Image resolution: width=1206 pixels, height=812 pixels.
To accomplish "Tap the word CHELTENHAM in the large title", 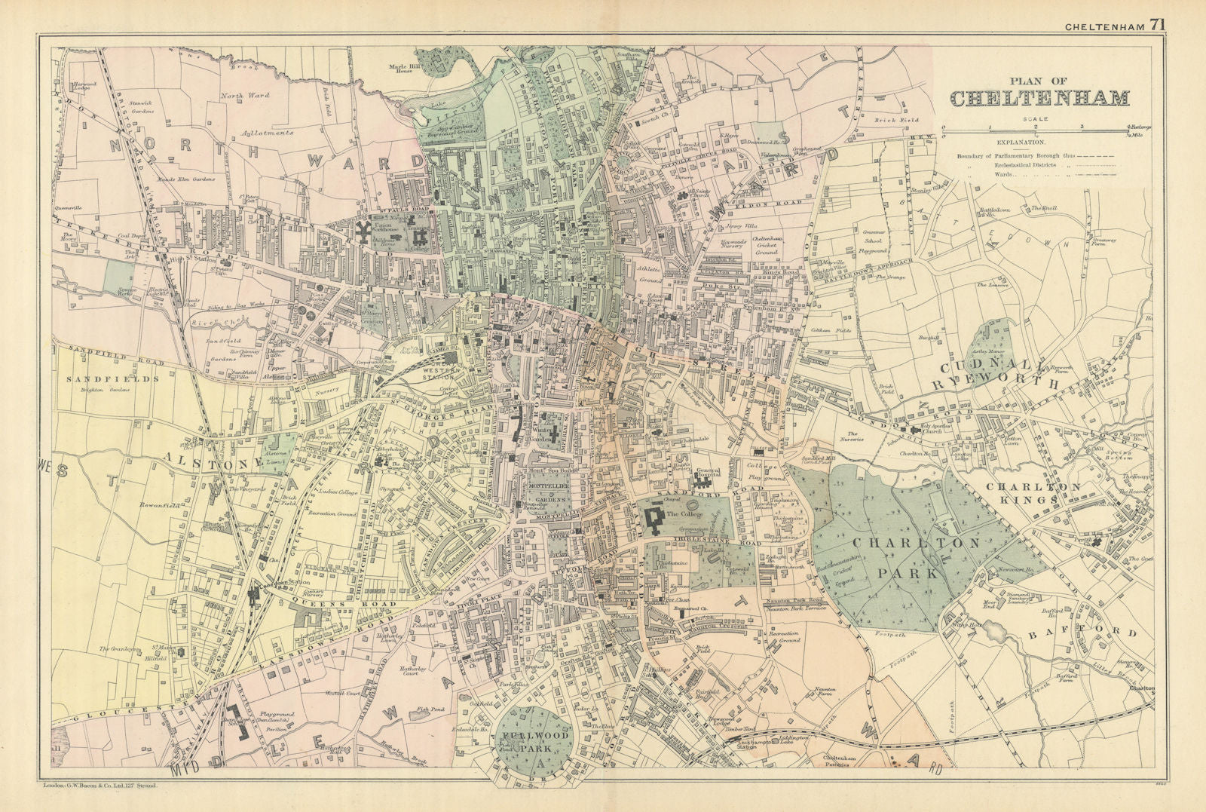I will point(1039,99).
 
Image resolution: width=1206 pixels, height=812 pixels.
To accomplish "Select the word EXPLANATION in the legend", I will point(1021,142).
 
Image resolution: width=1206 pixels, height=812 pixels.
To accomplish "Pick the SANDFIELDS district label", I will point(113,378).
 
